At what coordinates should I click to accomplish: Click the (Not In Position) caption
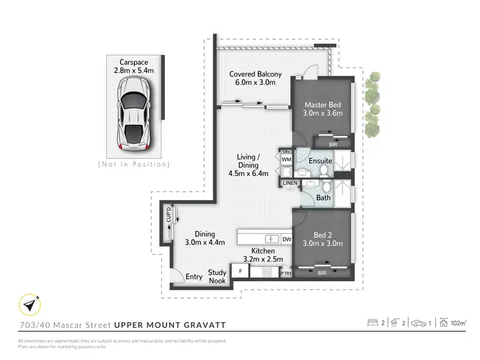[134, 165]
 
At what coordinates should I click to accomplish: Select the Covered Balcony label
[255, 78]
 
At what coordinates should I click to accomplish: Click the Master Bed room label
[323, 109]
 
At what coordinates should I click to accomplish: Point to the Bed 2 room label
[323, 238]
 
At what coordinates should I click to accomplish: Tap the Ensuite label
[319, 160]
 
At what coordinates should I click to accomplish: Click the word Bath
[323, 198]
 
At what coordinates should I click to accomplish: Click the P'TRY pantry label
[285, 274]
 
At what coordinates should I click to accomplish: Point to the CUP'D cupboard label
[168, 215]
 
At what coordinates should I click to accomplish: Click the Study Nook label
[217, 277]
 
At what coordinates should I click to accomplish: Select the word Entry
[194, 277]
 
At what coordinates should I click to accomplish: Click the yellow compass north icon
[28, 304]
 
